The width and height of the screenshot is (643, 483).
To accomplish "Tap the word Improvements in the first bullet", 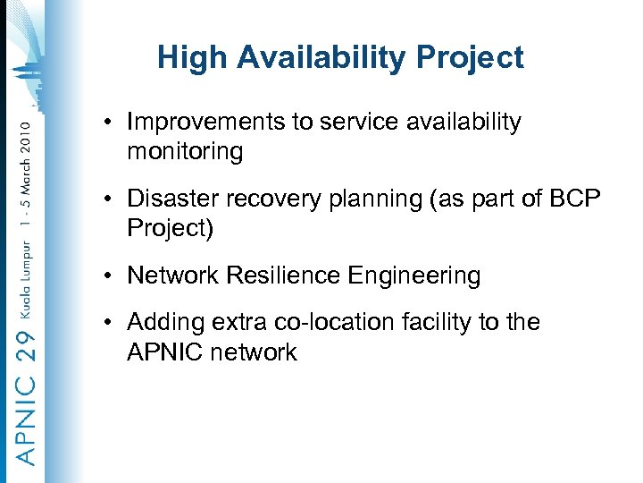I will (206, 123).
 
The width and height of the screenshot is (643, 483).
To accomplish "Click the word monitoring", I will (185, 152).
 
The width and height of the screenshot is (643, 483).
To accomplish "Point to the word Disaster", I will (170, 199).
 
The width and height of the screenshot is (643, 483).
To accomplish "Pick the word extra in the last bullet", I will (237, 322).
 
